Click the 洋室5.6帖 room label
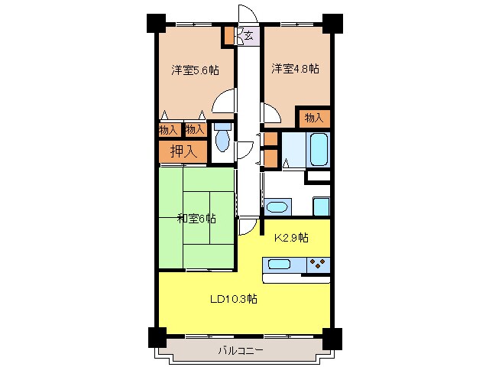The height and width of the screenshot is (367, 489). click(x=195, y=70)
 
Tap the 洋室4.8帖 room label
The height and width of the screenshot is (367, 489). click(x=295, y=69)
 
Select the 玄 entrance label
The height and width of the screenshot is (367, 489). click(x=249, y=34)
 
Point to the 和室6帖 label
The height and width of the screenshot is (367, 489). click(x=196, y=218)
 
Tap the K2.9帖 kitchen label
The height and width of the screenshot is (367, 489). click(x=291, y=238)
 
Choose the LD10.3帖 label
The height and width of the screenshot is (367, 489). click(x=233, y=299)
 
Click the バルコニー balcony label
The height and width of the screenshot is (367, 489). click(x=240, y=350)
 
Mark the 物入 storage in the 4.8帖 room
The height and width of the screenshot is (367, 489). click(x=314, y=118)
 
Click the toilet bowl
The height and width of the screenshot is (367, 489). click(x=222, y=140)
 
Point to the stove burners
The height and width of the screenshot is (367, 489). click(x=318, y=265)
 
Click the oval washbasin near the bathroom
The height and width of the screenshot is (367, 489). click(x=277, y=206)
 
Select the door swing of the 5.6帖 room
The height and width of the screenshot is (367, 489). click(x=224, y=102)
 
